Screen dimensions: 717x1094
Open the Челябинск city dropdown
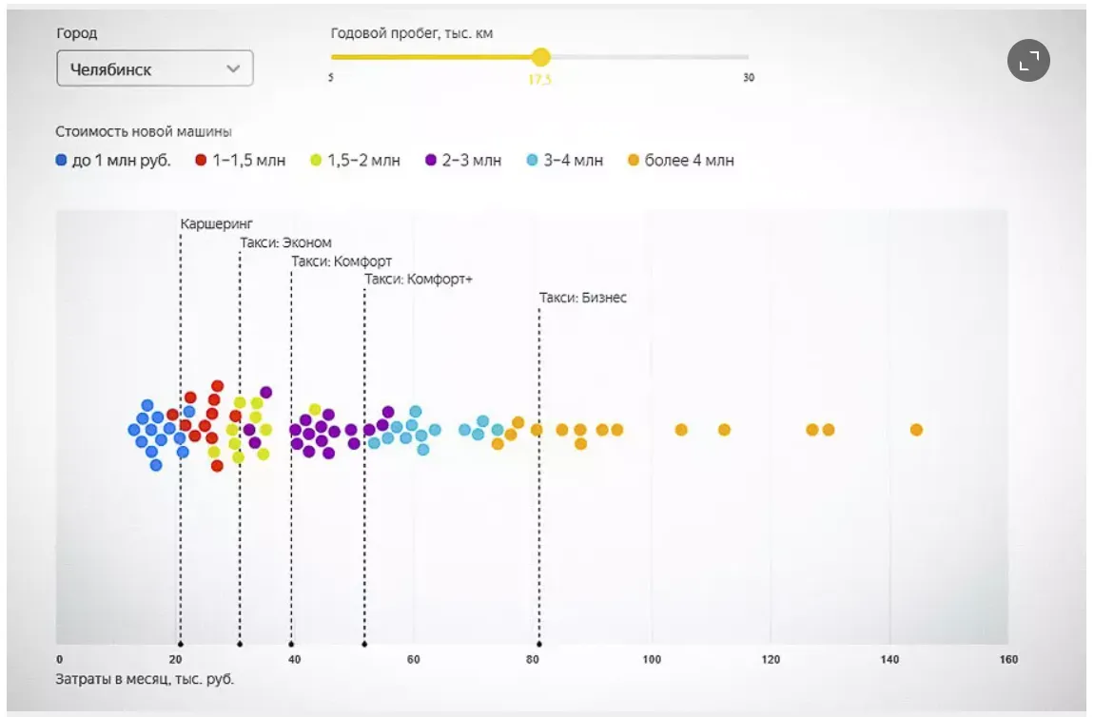coord(155,68)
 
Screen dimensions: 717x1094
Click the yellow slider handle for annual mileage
coord(540,57)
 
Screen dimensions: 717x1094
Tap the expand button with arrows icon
coord(1028,62)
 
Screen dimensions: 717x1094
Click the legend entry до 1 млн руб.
coord(113,161)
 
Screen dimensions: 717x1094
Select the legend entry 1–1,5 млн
coord(240,161)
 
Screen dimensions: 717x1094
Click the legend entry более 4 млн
coord(680,161)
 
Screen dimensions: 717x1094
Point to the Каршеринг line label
coord(217,223)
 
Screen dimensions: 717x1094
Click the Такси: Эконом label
coord(285,242)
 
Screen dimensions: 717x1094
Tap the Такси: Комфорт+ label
coord(419,280)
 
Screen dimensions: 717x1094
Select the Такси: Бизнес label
coord(583,298)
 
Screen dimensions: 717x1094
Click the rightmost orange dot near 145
coord(916,430)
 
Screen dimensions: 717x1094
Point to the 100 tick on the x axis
coord(652,660)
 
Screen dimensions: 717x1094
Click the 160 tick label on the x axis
coord(1008,660)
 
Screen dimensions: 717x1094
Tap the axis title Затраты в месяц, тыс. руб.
coord(145,679)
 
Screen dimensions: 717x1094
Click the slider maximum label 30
coord(749,78)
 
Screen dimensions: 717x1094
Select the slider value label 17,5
coord(539,80)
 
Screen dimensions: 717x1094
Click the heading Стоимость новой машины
coord(144,132)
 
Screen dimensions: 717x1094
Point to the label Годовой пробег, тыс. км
coord(411,33)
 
